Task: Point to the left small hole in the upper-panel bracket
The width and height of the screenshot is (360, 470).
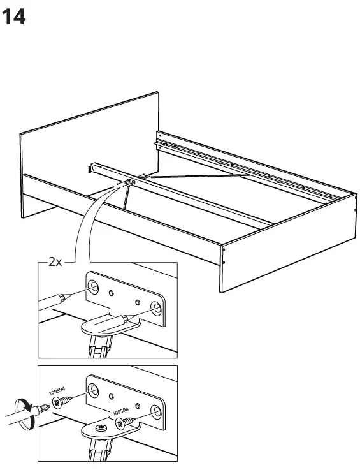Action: tap(112, 294)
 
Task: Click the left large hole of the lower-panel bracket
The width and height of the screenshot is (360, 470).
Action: tap(93, 390)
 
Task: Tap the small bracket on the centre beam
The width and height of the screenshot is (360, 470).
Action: tap(130, 182)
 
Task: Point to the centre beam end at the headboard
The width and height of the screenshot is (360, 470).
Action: tap(90, 168)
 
